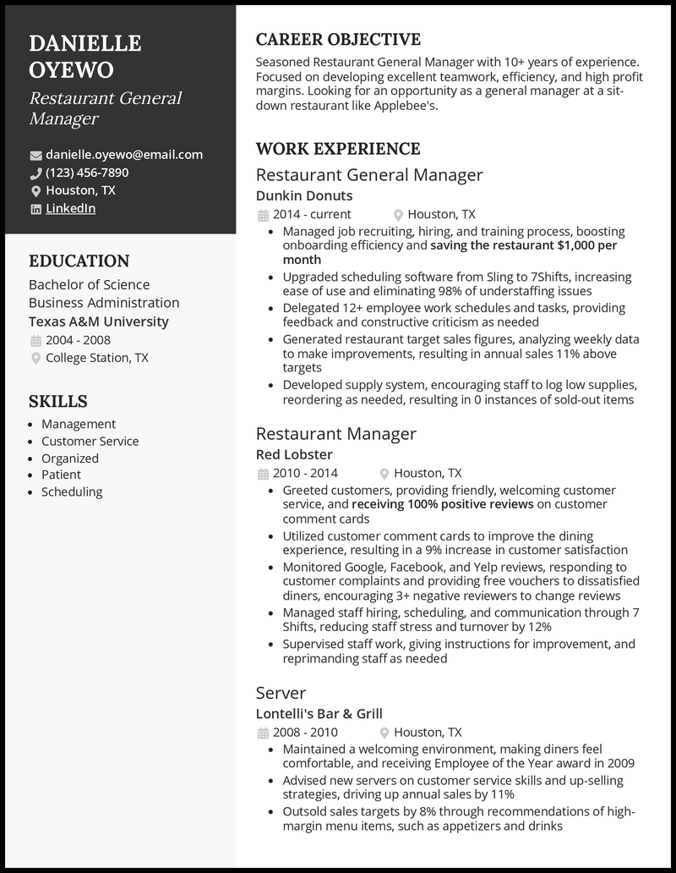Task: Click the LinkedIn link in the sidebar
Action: tap(70, 208)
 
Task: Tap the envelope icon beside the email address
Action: tap(35, 155)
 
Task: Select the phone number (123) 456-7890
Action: tap(87, 173)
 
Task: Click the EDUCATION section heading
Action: tap(79, 261)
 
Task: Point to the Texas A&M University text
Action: tap(98, 321)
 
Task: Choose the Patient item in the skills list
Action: tap(61, 475)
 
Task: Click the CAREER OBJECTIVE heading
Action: tap(338, 40)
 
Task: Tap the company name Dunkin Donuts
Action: tap(304, 195)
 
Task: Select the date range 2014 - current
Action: tap(312, 214)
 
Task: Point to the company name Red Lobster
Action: tap(294, 454)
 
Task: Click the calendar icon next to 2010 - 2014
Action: tap(262, 474)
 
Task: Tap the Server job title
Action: tap(281, 693)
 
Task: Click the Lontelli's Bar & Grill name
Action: tap(319, 713)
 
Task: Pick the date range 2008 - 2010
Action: tap(305, 732)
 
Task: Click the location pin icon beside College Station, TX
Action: tap(35, 359)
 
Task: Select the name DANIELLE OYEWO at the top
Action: tap(84, 57)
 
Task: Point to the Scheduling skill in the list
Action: tap(72, 491)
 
